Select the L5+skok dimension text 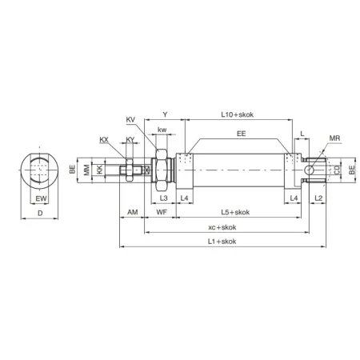click(x=234, y=212)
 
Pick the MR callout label click(x=334, y=138)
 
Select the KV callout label click(x=131, y=120)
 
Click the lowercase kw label click(x=162, y=130)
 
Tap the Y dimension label click(x=165, y=114)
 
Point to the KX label click(x=104, y=139)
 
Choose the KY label click(x=130, y=139)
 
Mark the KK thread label click(x=99, y=170)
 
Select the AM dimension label click(x=132, y=212)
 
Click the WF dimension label click(x=162, y=212)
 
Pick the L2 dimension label click(x=317, y=197)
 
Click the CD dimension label click(x=338, y=170)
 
